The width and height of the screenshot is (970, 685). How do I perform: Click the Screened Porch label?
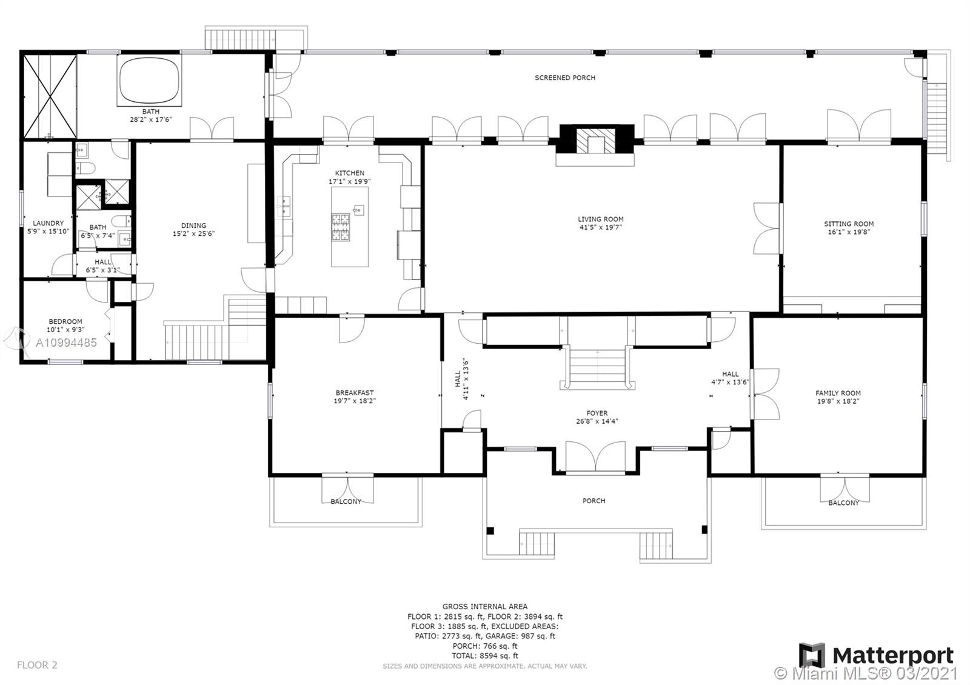(x=564, y=78)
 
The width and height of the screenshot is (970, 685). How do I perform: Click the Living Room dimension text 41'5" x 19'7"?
(x=600, y=227)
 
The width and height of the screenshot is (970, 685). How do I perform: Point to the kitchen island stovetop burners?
(x=341, y=227)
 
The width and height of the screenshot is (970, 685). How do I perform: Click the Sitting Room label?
(x=848, y=224)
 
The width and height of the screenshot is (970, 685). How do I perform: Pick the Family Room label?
(x=838, y=393)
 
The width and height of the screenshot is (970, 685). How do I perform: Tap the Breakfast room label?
(x=355, y=393)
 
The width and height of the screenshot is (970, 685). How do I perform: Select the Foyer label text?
(x=597, y=413)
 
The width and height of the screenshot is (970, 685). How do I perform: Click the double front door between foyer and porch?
(x=595, y=458)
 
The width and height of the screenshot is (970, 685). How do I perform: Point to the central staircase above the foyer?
(x=597, y=367)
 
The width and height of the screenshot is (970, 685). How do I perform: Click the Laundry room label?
(x=48, y=223)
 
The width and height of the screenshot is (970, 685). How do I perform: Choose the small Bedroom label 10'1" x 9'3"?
(x=65, y=330)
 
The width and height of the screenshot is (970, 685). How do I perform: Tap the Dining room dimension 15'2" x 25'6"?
(x=193, y=233)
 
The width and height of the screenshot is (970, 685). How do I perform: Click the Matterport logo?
(x=876, y=655)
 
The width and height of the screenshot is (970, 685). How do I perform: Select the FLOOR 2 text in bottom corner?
(x=37, y=665)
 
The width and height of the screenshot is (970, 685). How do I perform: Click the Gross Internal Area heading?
(x=484, y=606)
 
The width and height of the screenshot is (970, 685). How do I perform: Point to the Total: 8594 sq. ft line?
(x=484, y=655)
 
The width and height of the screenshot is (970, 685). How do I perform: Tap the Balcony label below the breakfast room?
(x=346, y=501)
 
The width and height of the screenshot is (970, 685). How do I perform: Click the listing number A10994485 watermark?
(x=65, y=343)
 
